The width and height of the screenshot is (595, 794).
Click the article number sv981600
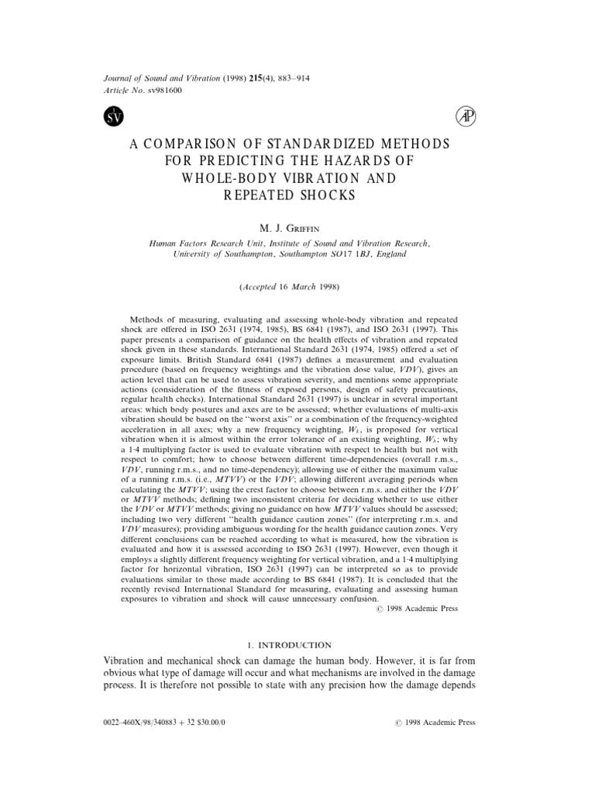tap(163, 89)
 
